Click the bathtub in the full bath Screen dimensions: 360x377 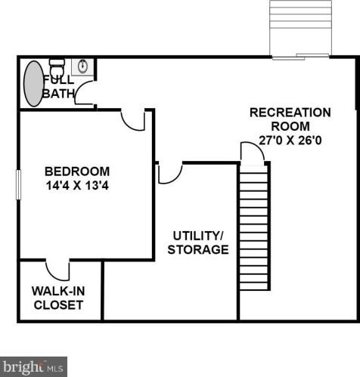pyautogui.click(x=34, y=83)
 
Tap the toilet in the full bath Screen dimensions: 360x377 pyautogui.click(x=57, y=67)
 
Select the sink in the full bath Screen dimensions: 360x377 pyautogui.click(x=82, y=66)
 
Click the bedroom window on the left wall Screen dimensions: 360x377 pyautogui.click(x=18, y=184)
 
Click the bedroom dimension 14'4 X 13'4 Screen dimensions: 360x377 pyautogui.click(x=77, y=186)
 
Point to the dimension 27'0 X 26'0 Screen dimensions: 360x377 pyautogui.click(x=290, y=141)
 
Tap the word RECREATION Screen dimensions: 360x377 pyautogui.click(x=290, y=113)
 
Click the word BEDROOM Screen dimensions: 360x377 pyautogui.click(x=77, y=172)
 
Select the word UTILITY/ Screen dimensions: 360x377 pyautogui.click(x=198, y=236)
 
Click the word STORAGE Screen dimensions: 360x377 pyautogui.click(x=198, y=249)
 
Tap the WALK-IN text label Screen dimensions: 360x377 pyautogui.click(x=58, y=291)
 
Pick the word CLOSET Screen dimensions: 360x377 pyautogui.click(x=58, y=305)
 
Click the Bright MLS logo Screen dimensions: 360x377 pyautogui.click(x=33, y=366)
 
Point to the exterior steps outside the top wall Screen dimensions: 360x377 pyautogui.click(x=300, y=29)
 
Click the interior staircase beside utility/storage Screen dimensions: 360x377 pyautogui.click(x=253, y=227)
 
